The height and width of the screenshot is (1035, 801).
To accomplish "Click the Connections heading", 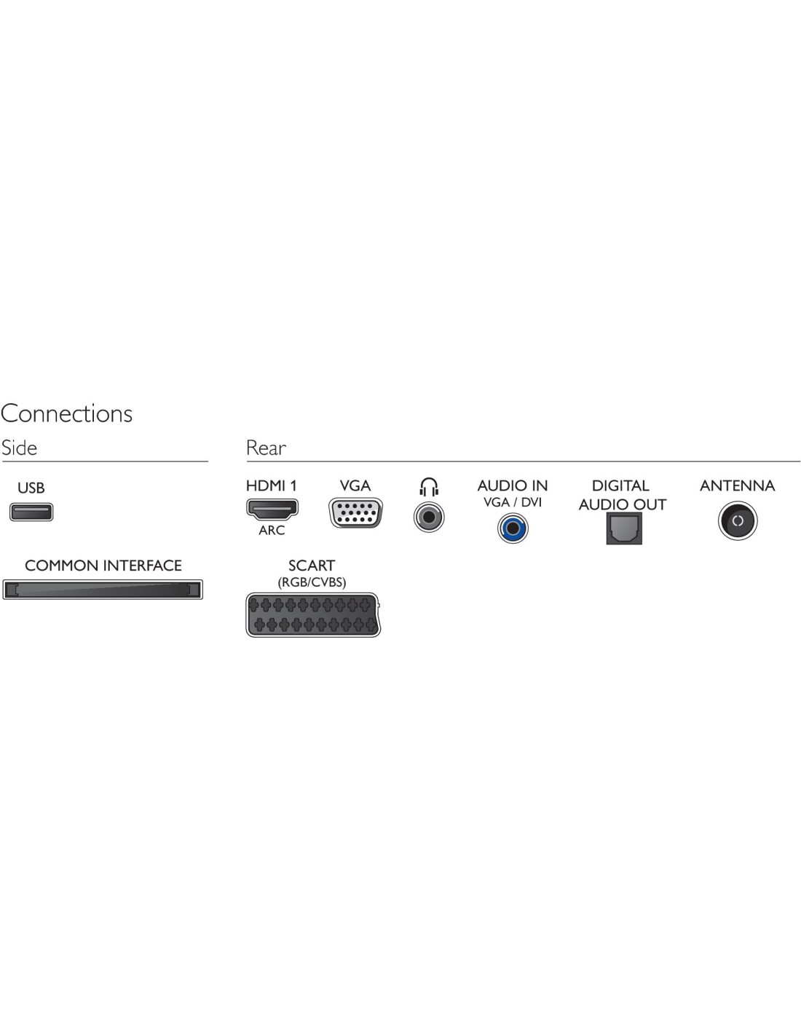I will coord(67,413).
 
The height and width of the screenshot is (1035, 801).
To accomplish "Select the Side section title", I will coord(20,448).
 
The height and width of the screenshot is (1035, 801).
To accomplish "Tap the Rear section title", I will coord(266,448).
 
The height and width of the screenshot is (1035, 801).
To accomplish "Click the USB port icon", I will coord(31,512).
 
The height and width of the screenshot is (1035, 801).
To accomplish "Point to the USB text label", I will coord(31,488).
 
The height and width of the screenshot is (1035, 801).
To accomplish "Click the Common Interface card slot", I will coord(103,589).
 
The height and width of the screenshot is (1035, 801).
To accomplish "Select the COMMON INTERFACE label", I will coord(103,566).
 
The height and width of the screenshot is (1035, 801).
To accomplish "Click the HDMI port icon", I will coord(272,509).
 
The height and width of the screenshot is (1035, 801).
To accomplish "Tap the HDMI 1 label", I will coord(272,485).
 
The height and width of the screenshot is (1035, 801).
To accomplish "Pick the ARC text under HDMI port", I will coord(272,531).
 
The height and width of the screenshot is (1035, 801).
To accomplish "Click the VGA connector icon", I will coord(355,513).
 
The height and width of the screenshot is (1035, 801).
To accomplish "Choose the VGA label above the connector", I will coord(355,485).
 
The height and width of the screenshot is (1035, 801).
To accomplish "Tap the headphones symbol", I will coord(429,487).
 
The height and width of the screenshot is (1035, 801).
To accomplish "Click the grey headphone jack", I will coord(429,517).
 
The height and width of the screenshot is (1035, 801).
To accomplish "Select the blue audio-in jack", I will coord(513,528).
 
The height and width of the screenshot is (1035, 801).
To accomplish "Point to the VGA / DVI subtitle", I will coord(513,502).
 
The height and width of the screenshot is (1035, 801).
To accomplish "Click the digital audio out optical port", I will coord(624,528).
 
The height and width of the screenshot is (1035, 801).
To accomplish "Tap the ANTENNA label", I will coord(737,485).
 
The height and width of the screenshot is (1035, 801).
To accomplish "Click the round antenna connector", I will coord(738,521).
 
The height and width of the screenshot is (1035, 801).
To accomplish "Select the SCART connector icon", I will coord(313,615).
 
